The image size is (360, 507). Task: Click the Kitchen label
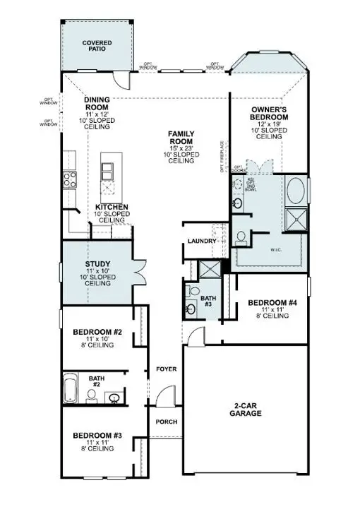[112, 207]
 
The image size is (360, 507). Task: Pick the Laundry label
[201, 242]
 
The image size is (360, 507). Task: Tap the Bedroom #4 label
[272, 304]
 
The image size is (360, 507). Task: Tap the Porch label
[166, 422]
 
